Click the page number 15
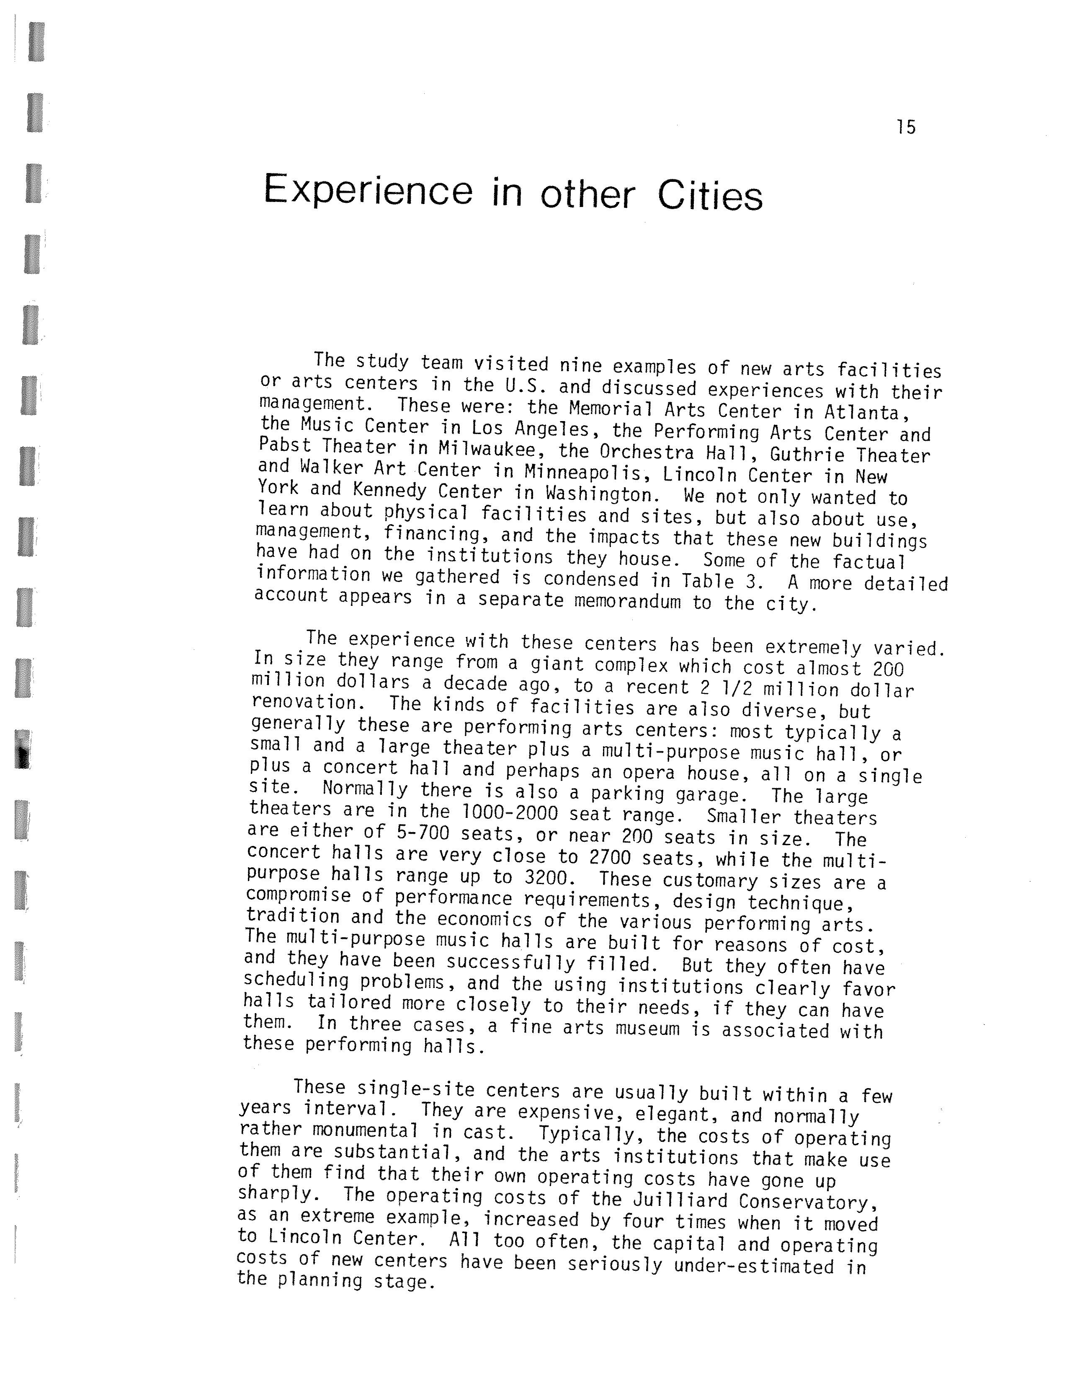click(x=905, y=127)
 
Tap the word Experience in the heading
click(x=367, y=190)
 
